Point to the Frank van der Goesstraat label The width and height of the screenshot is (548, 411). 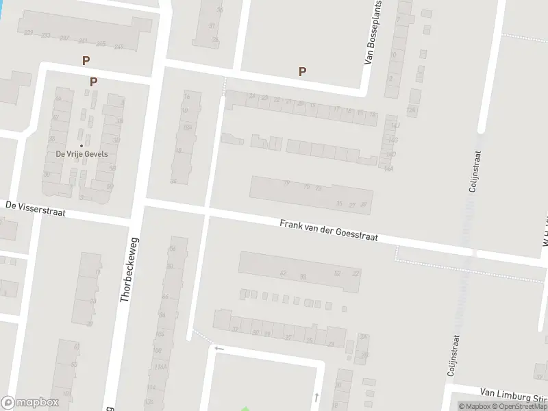(x=329, y=231)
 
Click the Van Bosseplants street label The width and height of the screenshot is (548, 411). (x=373, y=33)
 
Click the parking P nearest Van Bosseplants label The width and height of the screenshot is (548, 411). (x=302, y=71)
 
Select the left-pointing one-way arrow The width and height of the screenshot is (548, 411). (x=219, y=349)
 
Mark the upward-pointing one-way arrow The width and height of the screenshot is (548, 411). (x=316, y=396)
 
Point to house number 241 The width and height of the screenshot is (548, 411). (x=83, y=41)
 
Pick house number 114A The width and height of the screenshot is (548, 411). (x=162, y=367)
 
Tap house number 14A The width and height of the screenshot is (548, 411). (x=393, y=140)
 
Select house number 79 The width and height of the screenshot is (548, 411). (x=286, y=183)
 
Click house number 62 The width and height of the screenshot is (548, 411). (x=282, y=273)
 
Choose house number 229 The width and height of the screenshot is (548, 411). (x=28, y=32)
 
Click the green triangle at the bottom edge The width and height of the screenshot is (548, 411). (x=245, y=408)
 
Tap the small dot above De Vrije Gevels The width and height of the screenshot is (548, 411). (x=81, y=145)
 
